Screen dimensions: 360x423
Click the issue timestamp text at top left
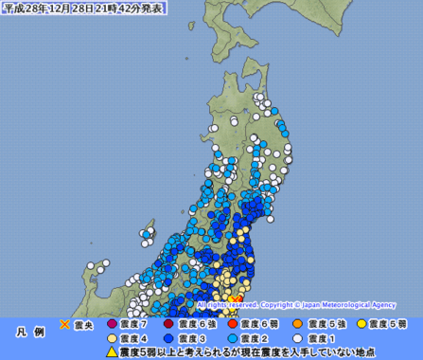tap(83, 9)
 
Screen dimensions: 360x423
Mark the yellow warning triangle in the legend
tap(113, 352)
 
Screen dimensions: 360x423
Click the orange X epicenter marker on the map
tap(236, 299)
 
